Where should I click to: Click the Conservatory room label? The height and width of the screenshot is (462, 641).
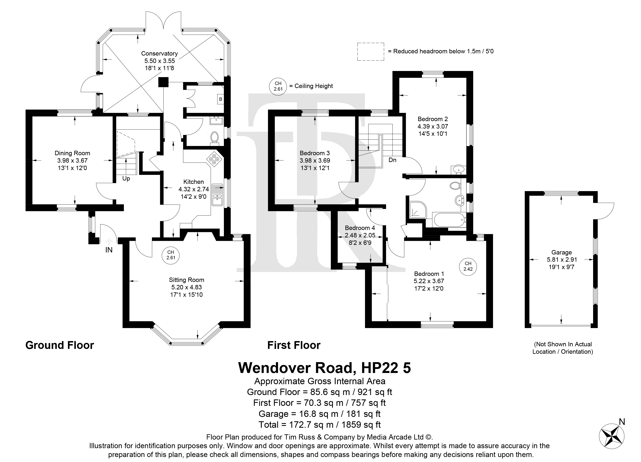159,53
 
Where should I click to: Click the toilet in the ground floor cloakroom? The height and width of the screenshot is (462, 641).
215,138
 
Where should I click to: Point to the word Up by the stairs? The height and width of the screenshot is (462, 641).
126,179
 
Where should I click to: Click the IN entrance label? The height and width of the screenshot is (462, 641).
109,250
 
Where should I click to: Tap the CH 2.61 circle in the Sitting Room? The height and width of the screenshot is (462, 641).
171,255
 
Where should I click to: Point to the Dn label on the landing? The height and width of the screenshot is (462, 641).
392,160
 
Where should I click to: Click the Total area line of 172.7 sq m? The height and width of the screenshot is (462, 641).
320,425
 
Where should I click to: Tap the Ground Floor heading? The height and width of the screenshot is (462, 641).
60,345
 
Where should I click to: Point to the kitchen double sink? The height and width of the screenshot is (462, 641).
218,195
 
